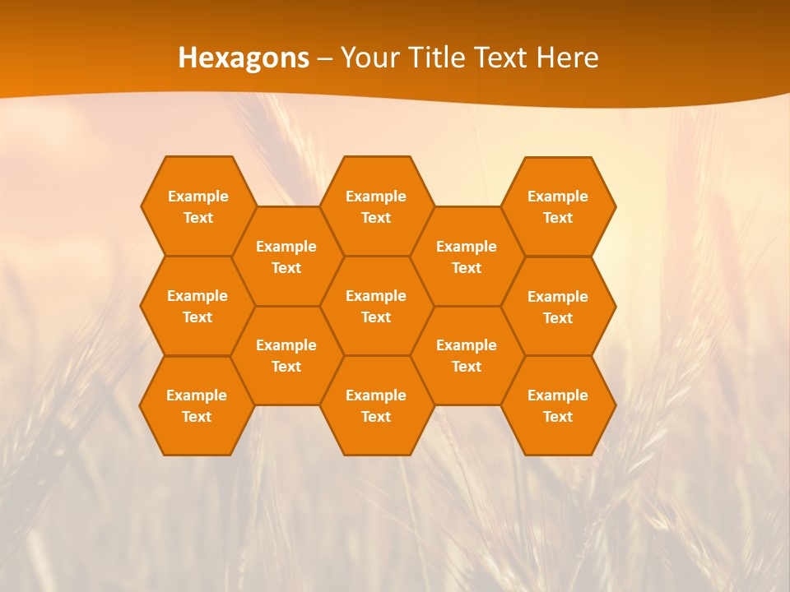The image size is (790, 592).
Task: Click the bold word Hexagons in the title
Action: point(244,58)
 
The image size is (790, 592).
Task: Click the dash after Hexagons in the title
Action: point(324,58)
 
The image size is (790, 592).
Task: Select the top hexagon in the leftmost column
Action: point(197,206)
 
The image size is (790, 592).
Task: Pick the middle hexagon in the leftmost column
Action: point(197,306)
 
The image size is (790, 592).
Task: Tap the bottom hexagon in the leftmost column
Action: point(197,405)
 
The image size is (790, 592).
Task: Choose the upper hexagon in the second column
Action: point(286,257)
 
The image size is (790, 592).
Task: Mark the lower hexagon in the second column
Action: point(286,355)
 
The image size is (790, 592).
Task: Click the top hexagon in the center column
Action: point(376,206)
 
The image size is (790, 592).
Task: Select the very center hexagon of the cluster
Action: point(376,306)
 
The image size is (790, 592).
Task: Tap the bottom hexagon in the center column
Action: point(376,405)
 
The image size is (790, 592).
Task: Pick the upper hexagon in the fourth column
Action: point(467,257)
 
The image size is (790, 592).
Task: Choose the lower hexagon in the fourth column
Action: point(467,355)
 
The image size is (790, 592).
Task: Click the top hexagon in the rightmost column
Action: point(558,206)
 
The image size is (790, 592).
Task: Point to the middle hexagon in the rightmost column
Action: point(558,307)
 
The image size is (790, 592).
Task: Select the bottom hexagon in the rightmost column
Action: point(558,405)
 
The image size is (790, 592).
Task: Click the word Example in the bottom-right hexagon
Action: point(558,395)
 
